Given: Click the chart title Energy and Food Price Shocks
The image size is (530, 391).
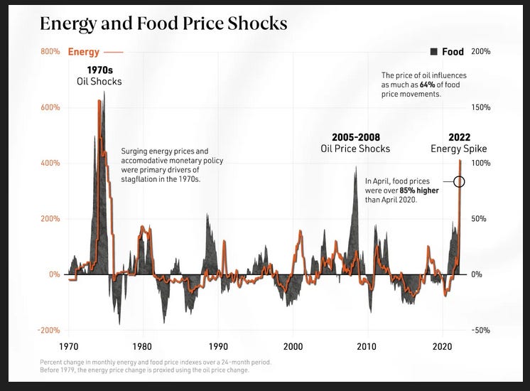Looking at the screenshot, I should pos(163,23).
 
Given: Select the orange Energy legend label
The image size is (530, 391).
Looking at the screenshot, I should pos(83,52).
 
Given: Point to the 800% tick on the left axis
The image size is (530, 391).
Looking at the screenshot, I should pos(50,52).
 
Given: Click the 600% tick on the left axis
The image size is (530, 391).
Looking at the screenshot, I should pos(50,107).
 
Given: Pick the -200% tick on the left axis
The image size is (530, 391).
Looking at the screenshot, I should pos(50,330).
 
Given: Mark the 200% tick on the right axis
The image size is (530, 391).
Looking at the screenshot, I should pos(480,52).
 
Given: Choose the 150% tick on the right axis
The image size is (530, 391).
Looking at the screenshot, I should pos(480,107).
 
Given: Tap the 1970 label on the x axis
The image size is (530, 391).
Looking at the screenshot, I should pos(68,347).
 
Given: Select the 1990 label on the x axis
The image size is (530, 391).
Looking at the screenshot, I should pos(218,347).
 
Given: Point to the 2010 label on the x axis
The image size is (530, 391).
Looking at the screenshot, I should pos(367,347).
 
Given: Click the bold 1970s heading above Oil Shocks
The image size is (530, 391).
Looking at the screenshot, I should pos(99,70).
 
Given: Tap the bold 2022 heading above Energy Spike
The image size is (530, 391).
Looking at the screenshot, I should pos(459,137).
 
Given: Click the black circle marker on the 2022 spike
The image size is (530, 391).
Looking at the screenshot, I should pos(459,181).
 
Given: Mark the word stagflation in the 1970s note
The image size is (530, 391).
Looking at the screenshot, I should pos(144,179).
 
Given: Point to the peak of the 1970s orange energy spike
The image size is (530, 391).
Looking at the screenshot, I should pos(99,101).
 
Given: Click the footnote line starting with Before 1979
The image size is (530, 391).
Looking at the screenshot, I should pos(144,370).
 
